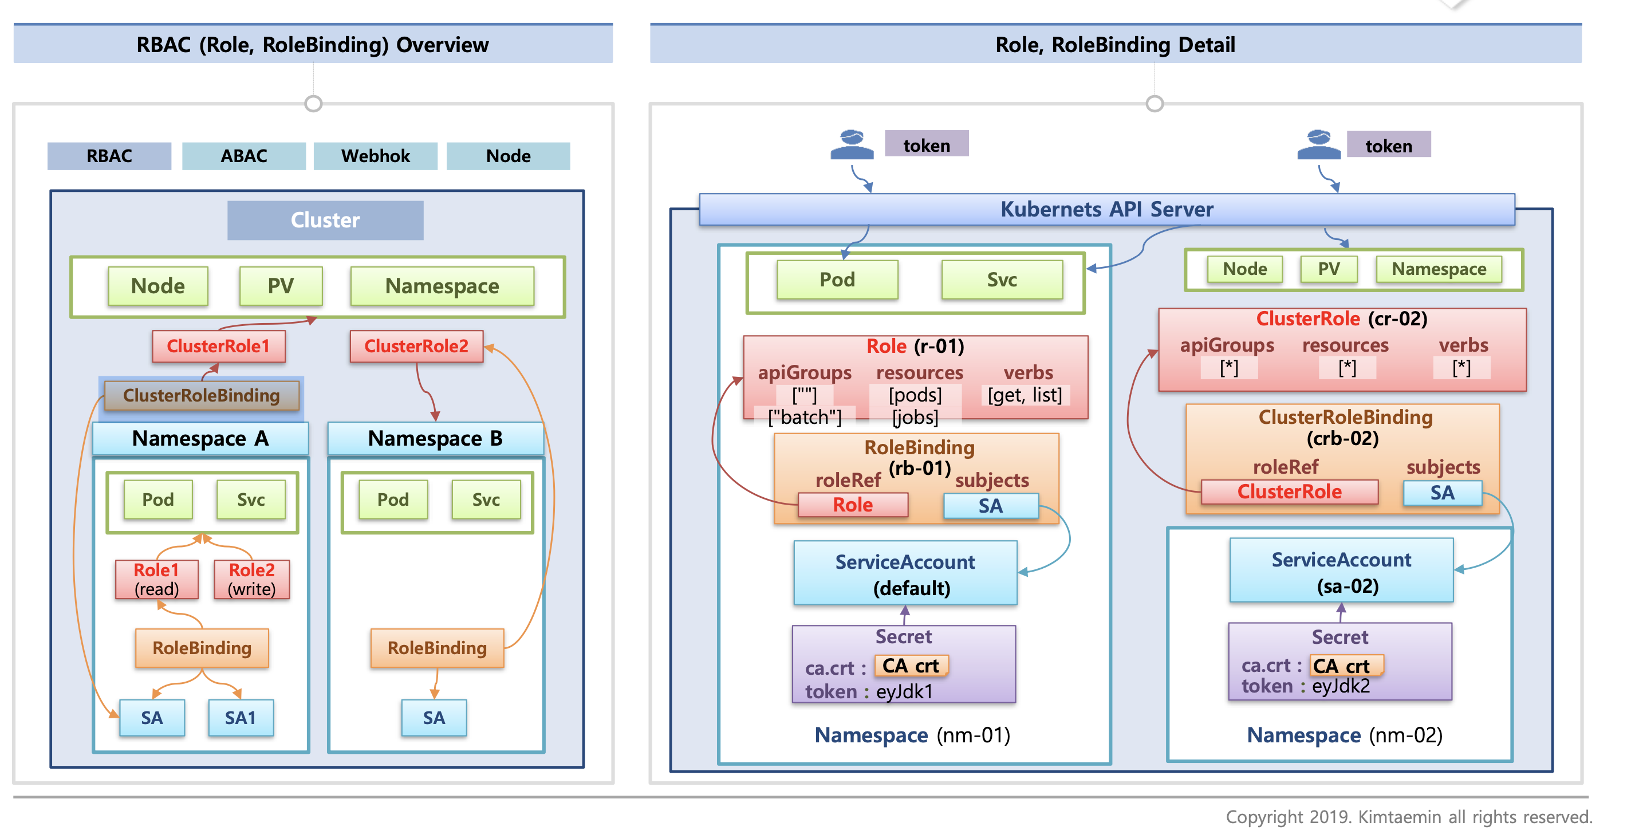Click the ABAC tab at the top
pyautogui.click(x=244, y=156)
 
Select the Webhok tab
pyautogui.click(x=376, y=156)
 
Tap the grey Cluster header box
pyautogui.click(x=325, y=220)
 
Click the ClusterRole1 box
pyautogui.click(x=218, y=346)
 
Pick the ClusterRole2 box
pyautogui.click(x=416, y=346)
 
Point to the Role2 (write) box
pyautogui.click(x=251, y=579)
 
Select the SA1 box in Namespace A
pyautogui.click(x=241, y=718)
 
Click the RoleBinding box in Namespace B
pyautogui.click(x=437, y=648)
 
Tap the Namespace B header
pyautogui.click(x=435, y=438)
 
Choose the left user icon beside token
pyautogui.click(x=852, y=145)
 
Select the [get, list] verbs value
pyautogui.click(x=1025, y=395)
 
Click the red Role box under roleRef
pyautogui.click(x=852, y=505)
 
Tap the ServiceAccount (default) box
pyautogui.click(x=905, y=574)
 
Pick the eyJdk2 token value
pyautogui.click(x=1341, y=686)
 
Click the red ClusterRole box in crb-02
pyautogui.click(x=1289, y=491)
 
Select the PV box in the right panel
pyautogui.click(x=1329, y=269)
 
